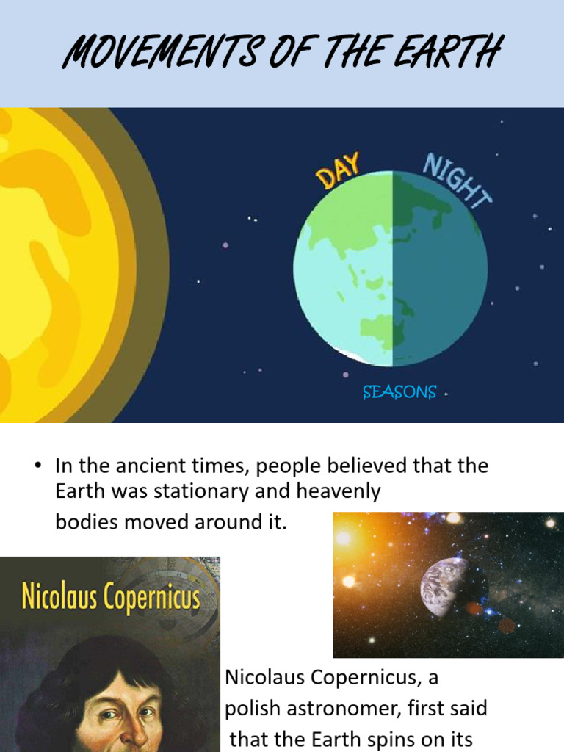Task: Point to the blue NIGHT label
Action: (x=457, y=180)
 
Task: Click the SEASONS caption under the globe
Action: (x=399, y=393)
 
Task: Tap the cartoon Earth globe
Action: (x=391, y=268)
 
